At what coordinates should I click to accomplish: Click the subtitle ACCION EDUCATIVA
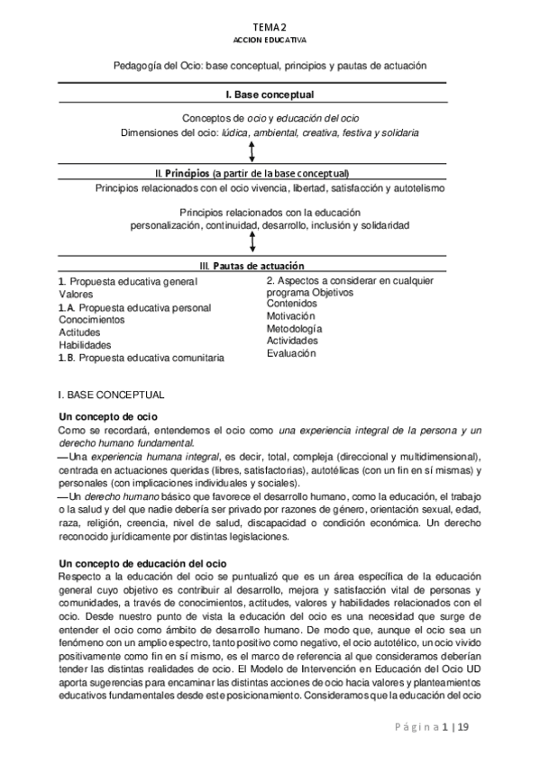(x=270, y=41)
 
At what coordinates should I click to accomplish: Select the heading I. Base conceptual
(x=270, y=94)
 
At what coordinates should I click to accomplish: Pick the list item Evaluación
(x=291, y=354)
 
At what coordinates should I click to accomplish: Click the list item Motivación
(x=290, y=316)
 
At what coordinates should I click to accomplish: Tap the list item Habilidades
(x=85, y=345)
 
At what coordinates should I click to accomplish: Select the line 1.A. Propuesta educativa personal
(x=134, y=307)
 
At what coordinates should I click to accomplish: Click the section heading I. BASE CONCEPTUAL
(x=110, y=395)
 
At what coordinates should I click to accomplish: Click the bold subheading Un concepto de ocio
(x=108, y=417)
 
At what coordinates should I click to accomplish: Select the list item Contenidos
(x=291, y=304)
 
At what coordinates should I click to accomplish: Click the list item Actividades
(x=292, y=341)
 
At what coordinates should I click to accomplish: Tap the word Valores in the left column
(x=77, y=294)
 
